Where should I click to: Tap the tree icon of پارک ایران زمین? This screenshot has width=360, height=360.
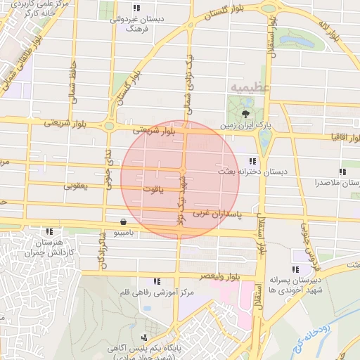tap(245, 114)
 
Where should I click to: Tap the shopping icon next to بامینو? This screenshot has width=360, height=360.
tap(124, 221)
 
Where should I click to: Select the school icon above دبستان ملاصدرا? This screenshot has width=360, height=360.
tap(342, 172)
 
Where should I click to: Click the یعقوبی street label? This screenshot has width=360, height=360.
tap(75, 186)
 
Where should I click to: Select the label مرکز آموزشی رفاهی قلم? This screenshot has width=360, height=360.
tap(156, 292)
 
